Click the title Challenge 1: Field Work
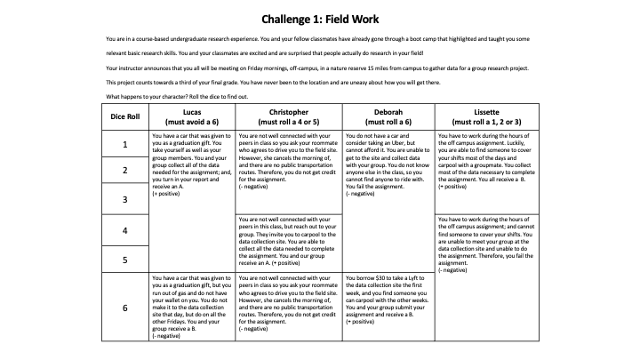coord(320,19)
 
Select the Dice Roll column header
coord(124,116)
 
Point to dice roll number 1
coord(124,144)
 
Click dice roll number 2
coord(124,170)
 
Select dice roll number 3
coord(124,199)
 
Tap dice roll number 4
coord(124,230)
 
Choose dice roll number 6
coord(124,308)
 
